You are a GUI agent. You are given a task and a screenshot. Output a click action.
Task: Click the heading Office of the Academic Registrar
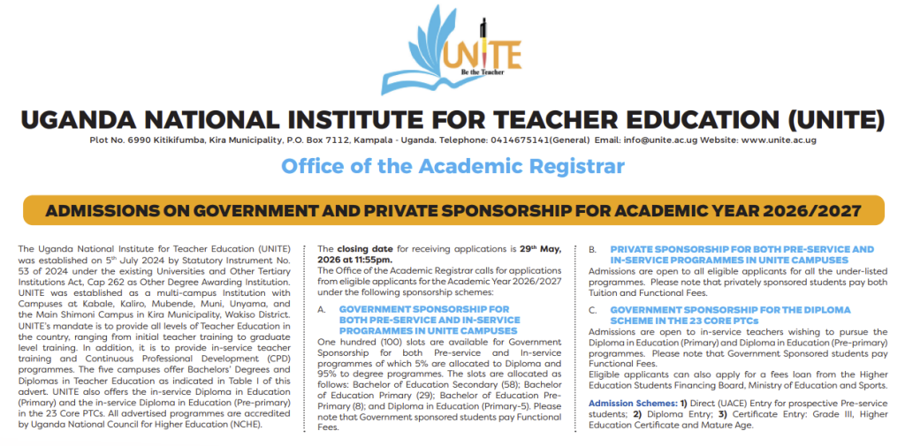(452, 166)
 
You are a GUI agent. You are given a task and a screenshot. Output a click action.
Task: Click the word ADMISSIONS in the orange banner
(93, 212)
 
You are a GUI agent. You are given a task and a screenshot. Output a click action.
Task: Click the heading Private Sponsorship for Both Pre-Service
(741, 250)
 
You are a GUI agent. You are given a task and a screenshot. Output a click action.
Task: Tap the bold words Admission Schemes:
(631, 404)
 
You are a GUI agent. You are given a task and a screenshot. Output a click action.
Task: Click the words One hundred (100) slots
(371, 341)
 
